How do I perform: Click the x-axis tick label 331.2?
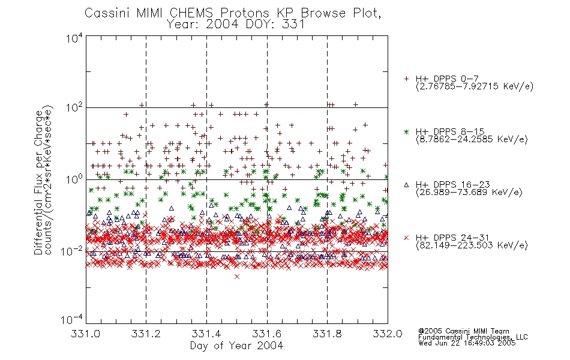[x=146, y=334]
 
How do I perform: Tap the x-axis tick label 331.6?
[x=267, y=334]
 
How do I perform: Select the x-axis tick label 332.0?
[x=388, y=334]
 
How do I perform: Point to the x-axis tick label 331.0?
[x=85, y=334]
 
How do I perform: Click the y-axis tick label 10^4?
[x=74, y=38]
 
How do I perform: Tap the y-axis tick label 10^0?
[x=74, y=179]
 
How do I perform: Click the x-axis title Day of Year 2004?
[x=236, y=346]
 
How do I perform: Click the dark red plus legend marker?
[x=406, y=79]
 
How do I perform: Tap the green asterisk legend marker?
[x=406, y=131]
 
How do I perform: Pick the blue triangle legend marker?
[x=406, y=185]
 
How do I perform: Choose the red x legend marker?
[x=406, y=238]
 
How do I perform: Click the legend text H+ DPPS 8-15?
[x=450, y=131]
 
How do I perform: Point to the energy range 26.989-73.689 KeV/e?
[x=469, y=192]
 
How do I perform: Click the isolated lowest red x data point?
[x=237, y=277]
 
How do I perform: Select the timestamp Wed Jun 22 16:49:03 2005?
[x=467, y=343]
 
